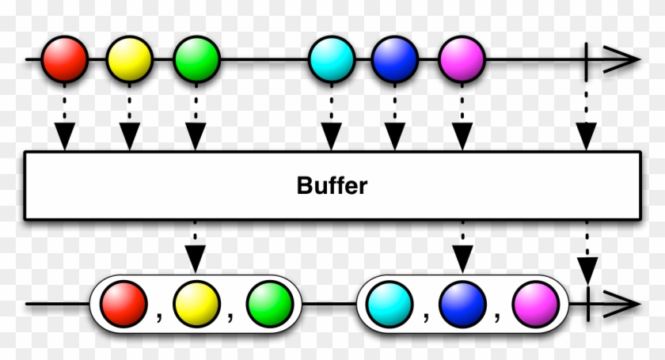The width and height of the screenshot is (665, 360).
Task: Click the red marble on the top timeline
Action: click(64, 59)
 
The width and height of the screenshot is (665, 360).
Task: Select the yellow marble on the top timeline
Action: click(130, 59)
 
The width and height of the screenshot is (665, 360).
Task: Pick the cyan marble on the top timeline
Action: click(330, 59)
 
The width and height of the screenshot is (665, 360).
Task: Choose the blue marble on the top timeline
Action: click(394, 59)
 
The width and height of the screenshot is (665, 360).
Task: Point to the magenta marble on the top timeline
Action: click(460, 59)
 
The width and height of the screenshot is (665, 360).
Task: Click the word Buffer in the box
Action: click(332, 187)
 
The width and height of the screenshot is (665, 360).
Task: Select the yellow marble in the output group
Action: click(194, 304)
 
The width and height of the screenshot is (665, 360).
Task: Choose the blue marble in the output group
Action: click(461, 304)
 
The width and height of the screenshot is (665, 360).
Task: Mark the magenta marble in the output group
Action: click(533, 304)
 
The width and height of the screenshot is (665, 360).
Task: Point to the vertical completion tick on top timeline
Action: click(587, 59)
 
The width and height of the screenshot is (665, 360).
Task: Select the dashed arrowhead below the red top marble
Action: click(64, 138)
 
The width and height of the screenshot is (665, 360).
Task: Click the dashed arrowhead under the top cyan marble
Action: click(330, 138)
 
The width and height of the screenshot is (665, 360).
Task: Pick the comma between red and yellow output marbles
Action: click(159, 316)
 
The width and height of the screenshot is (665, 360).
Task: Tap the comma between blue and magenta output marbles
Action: click(497, 316)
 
